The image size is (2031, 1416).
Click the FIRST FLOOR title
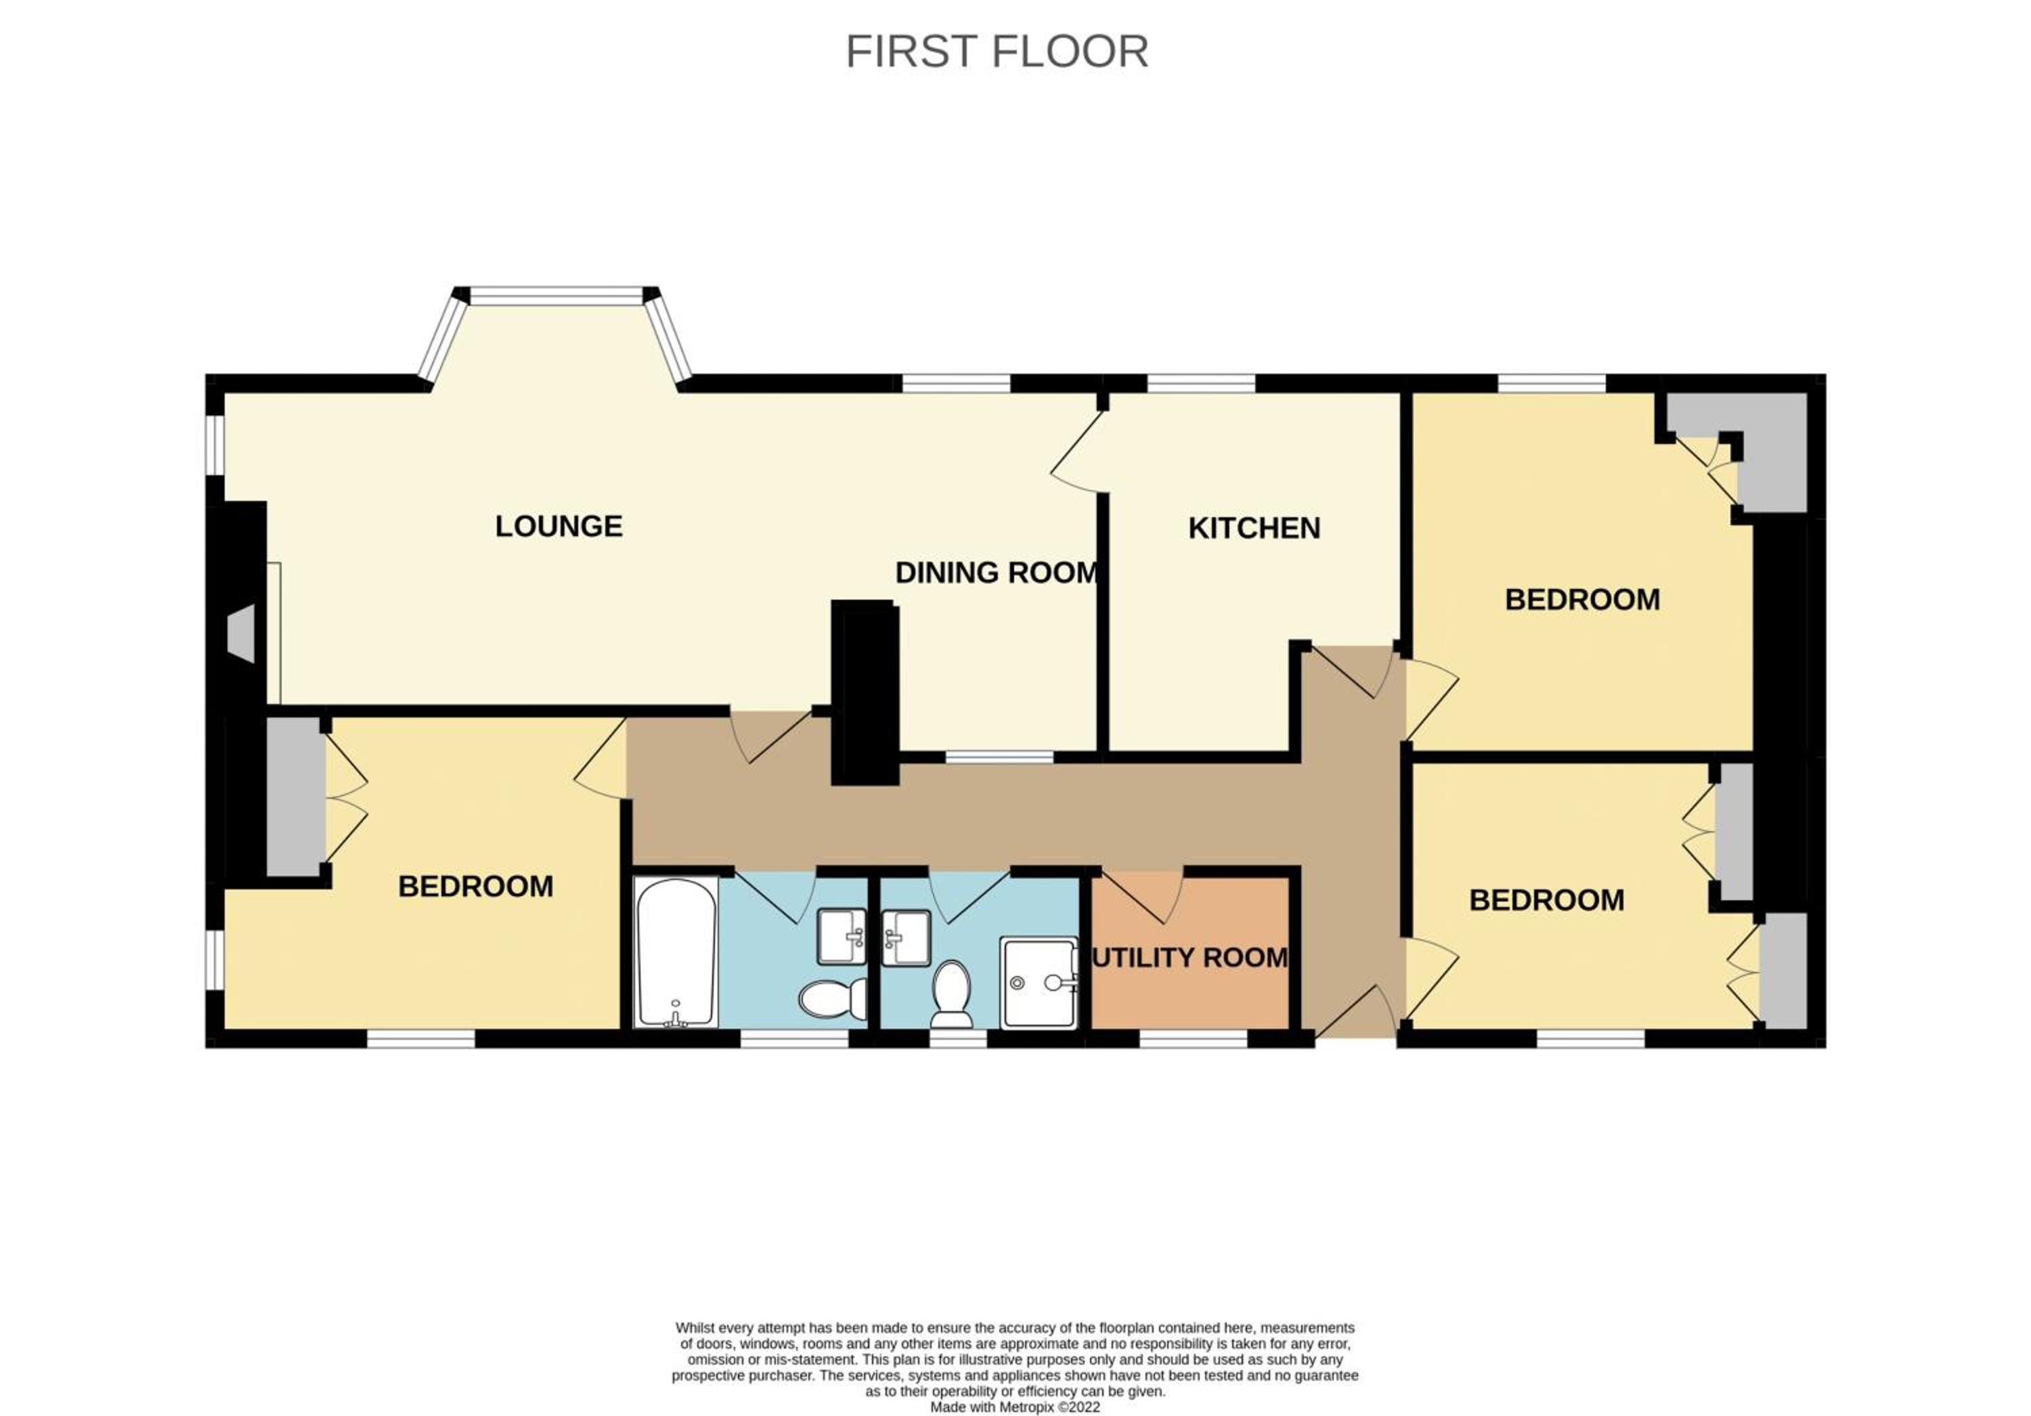(x=997, y=51)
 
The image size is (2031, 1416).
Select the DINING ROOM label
(x=997, y=572)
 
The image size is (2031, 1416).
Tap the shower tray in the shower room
(x=1039, y=981)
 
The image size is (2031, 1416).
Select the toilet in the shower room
(x=952, y=994)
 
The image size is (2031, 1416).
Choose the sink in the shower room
(x=906, y=937)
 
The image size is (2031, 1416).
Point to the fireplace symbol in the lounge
(x=240, y=634)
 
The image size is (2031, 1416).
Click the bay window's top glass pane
(x=556, y=295)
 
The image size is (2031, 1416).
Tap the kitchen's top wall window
(x=1200, y=383)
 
